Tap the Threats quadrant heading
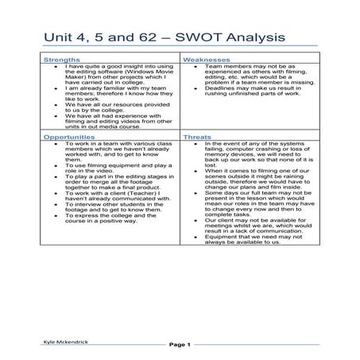click(198, 137)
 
